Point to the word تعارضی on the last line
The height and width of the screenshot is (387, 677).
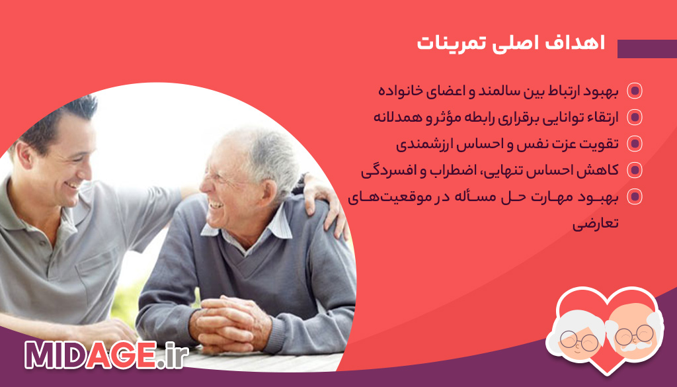(x=595, y=223)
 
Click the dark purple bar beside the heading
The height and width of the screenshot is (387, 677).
(x=647, y=49)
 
